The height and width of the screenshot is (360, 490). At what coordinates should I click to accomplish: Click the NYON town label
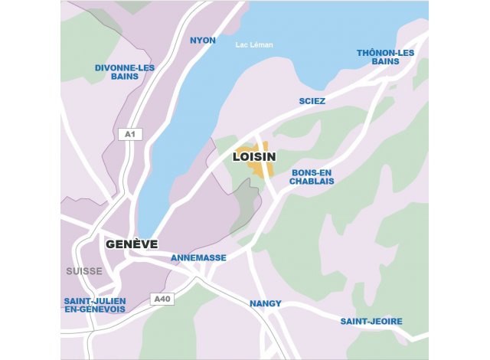pyautogui.click(x=203, y=40)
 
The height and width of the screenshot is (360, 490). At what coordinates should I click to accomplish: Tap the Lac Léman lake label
pyautogui.click(x=254, y=45)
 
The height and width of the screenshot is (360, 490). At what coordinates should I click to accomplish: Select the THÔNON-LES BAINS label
pyautogui.click(x=385, y=57)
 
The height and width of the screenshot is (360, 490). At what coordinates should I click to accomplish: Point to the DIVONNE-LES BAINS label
pyautogui.click(x=125, y=72)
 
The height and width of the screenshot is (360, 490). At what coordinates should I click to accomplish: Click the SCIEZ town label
pyautogui.click(x=312, y=101)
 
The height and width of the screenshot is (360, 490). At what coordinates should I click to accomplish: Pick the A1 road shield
pyautogui.click(x=130, y=135)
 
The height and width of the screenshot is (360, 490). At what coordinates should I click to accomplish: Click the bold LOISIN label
pyautogui.click(x=253, y=157)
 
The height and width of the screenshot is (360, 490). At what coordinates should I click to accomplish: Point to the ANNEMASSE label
pyautogui.click(x=198, y=258)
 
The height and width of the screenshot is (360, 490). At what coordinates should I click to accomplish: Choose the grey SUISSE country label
pyautogui.click(x=83, y=271)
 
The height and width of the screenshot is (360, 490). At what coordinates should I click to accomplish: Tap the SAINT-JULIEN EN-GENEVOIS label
pyautogui.click(x=95, y=305)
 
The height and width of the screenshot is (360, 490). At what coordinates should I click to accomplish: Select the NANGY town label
pyautogui.click(x=266, y=303)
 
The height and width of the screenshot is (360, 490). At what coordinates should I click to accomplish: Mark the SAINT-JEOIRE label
pyautogui.click(x=371, y=321)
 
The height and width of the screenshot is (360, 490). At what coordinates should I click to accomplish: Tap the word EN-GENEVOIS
pyautogui.click(x=95, y=309)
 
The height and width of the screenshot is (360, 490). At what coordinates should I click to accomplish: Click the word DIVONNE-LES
pyautogui.click(x=125, y=67)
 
